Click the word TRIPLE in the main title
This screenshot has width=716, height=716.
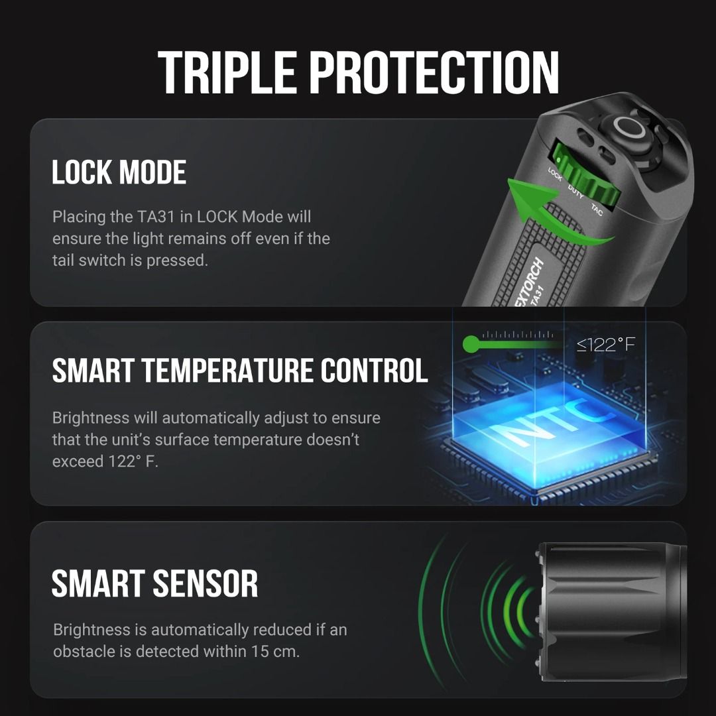[227, 72]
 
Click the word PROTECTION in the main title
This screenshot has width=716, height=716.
[434, 72]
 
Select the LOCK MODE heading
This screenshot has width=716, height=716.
[119, 172]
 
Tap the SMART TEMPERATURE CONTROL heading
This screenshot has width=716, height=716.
[240, 370]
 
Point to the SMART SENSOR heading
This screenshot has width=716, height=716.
[154, 583]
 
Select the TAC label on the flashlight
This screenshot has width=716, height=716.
[597, 209]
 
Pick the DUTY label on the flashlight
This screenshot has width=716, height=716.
[575, 192]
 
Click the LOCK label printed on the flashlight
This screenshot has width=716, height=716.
[555, 174]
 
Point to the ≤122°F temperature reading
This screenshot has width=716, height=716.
[605, 345]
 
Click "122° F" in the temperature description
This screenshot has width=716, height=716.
[133, 461]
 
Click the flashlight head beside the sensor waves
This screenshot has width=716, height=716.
[612, 611]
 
